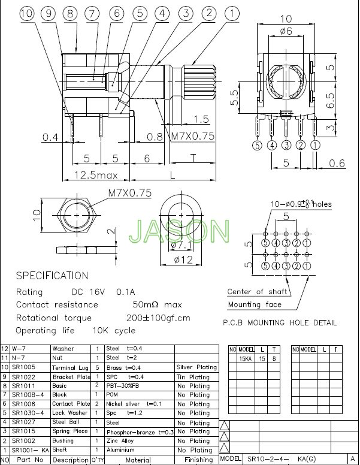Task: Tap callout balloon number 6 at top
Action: (x=117, y=13)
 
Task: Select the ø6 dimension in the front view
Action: (x=286, y=30)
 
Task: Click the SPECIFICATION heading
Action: (x=52, y=276)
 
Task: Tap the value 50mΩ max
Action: (x=157, y=304)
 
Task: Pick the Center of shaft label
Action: (x=257, y=292)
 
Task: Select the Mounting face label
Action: (x=254, y=304)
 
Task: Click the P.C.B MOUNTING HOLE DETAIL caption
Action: (x=280, y=322)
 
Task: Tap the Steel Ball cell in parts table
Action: (x=66, y=422)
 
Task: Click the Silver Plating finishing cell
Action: (x=196, y=367)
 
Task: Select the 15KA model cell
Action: (x=246, y=358)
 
